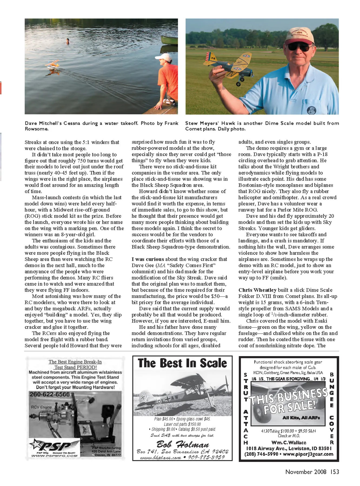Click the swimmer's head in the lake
point(67,40)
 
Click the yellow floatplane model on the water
point(54,65)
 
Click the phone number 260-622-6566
point(50,394)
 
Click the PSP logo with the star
point(54,446)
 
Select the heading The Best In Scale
point(182,363)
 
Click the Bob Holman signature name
point(183,444)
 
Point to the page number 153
point(334,472)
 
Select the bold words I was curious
point(148,259)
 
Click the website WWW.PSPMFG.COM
point(54,456)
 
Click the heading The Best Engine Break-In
point(75,362)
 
